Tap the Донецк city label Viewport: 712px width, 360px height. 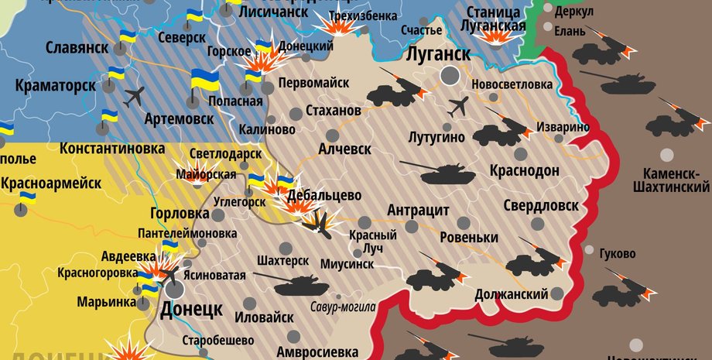coord(191,310)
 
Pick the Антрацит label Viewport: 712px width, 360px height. coord(418,211)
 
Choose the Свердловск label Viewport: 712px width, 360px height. coord(540,205)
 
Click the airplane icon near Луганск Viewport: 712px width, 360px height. coord(459,105)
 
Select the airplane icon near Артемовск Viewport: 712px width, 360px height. coord(134,97)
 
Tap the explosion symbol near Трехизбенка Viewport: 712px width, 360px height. coord(337,28)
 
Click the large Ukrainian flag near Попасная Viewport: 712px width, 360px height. coord(204,80)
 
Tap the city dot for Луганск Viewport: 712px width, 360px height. coord(449,75)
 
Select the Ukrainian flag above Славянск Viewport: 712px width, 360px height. coord(127,36)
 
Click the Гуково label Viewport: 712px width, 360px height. coord(616,254)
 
